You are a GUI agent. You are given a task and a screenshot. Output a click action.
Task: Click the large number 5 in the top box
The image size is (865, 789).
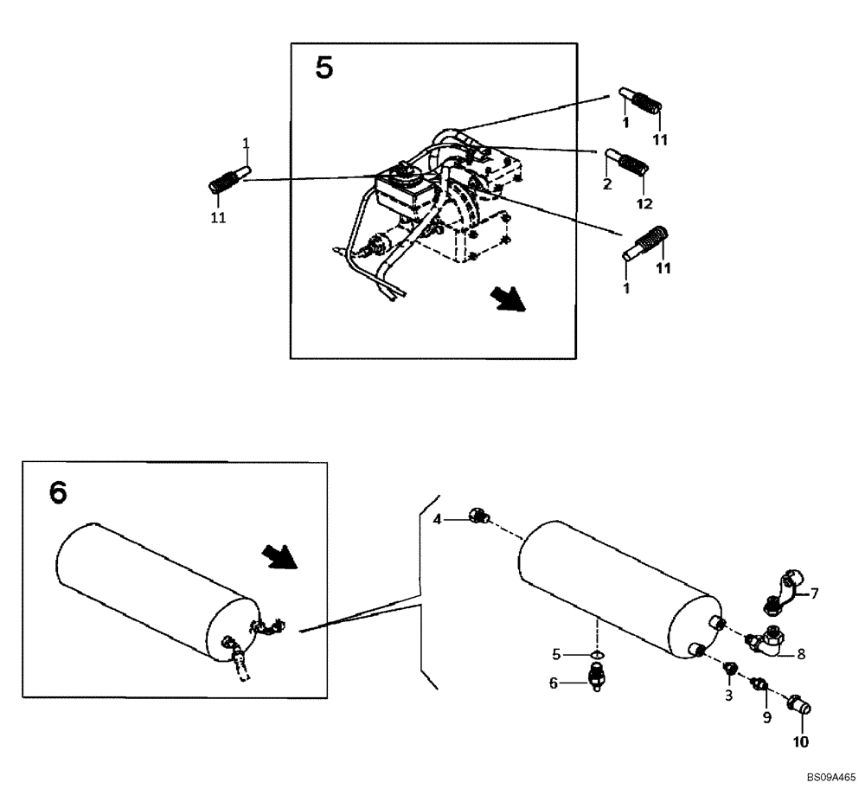point(324,67)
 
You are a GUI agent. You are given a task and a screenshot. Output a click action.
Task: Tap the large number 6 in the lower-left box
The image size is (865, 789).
point(57,491)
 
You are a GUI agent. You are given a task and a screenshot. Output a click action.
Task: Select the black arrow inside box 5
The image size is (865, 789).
point(507,299)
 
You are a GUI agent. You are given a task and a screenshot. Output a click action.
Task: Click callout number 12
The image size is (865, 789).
point(644,203)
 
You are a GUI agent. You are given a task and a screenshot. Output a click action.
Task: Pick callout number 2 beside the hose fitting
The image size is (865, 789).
point(607,184)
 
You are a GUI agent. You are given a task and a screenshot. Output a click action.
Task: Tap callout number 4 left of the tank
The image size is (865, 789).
point(438,519)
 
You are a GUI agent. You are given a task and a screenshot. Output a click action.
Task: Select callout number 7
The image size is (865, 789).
point(813,593)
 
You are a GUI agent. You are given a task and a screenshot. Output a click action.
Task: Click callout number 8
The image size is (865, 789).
point(801,655)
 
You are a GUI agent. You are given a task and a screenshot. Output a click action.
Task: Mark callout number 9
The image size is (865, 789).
point(765,717)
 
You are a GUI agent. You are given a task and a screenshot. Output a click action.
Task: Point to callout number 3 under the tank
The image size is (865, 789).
point(728,695)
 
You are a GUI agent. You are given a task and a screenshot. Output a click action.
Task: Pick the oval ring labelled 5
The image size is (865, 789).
point(596,654)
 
